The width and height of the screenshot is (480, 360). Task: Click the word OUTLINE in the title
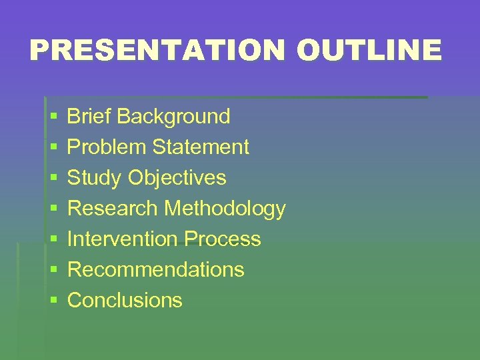coord(369,51)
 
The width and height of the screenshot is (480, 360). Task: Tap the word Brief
coord(90,117)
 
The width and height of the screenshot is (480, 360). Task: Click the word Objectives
coord(177,179)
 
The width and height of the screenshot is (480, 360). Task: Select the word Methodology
coord(225,209)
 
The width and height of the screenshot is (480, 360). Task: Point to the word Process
coord(223,239)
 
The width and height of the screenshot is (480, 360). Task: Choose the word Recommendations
coord(156,270)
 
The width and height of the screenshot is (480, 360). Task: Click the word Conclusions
coord(125,301)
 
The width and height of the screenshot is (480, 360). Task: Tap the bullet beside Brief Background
coord(53,117)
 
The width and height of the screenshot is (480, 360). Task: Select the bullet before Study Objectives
coord(53,179)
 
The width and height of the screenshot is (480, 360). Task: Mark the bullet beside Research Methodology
coord(53,209)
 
